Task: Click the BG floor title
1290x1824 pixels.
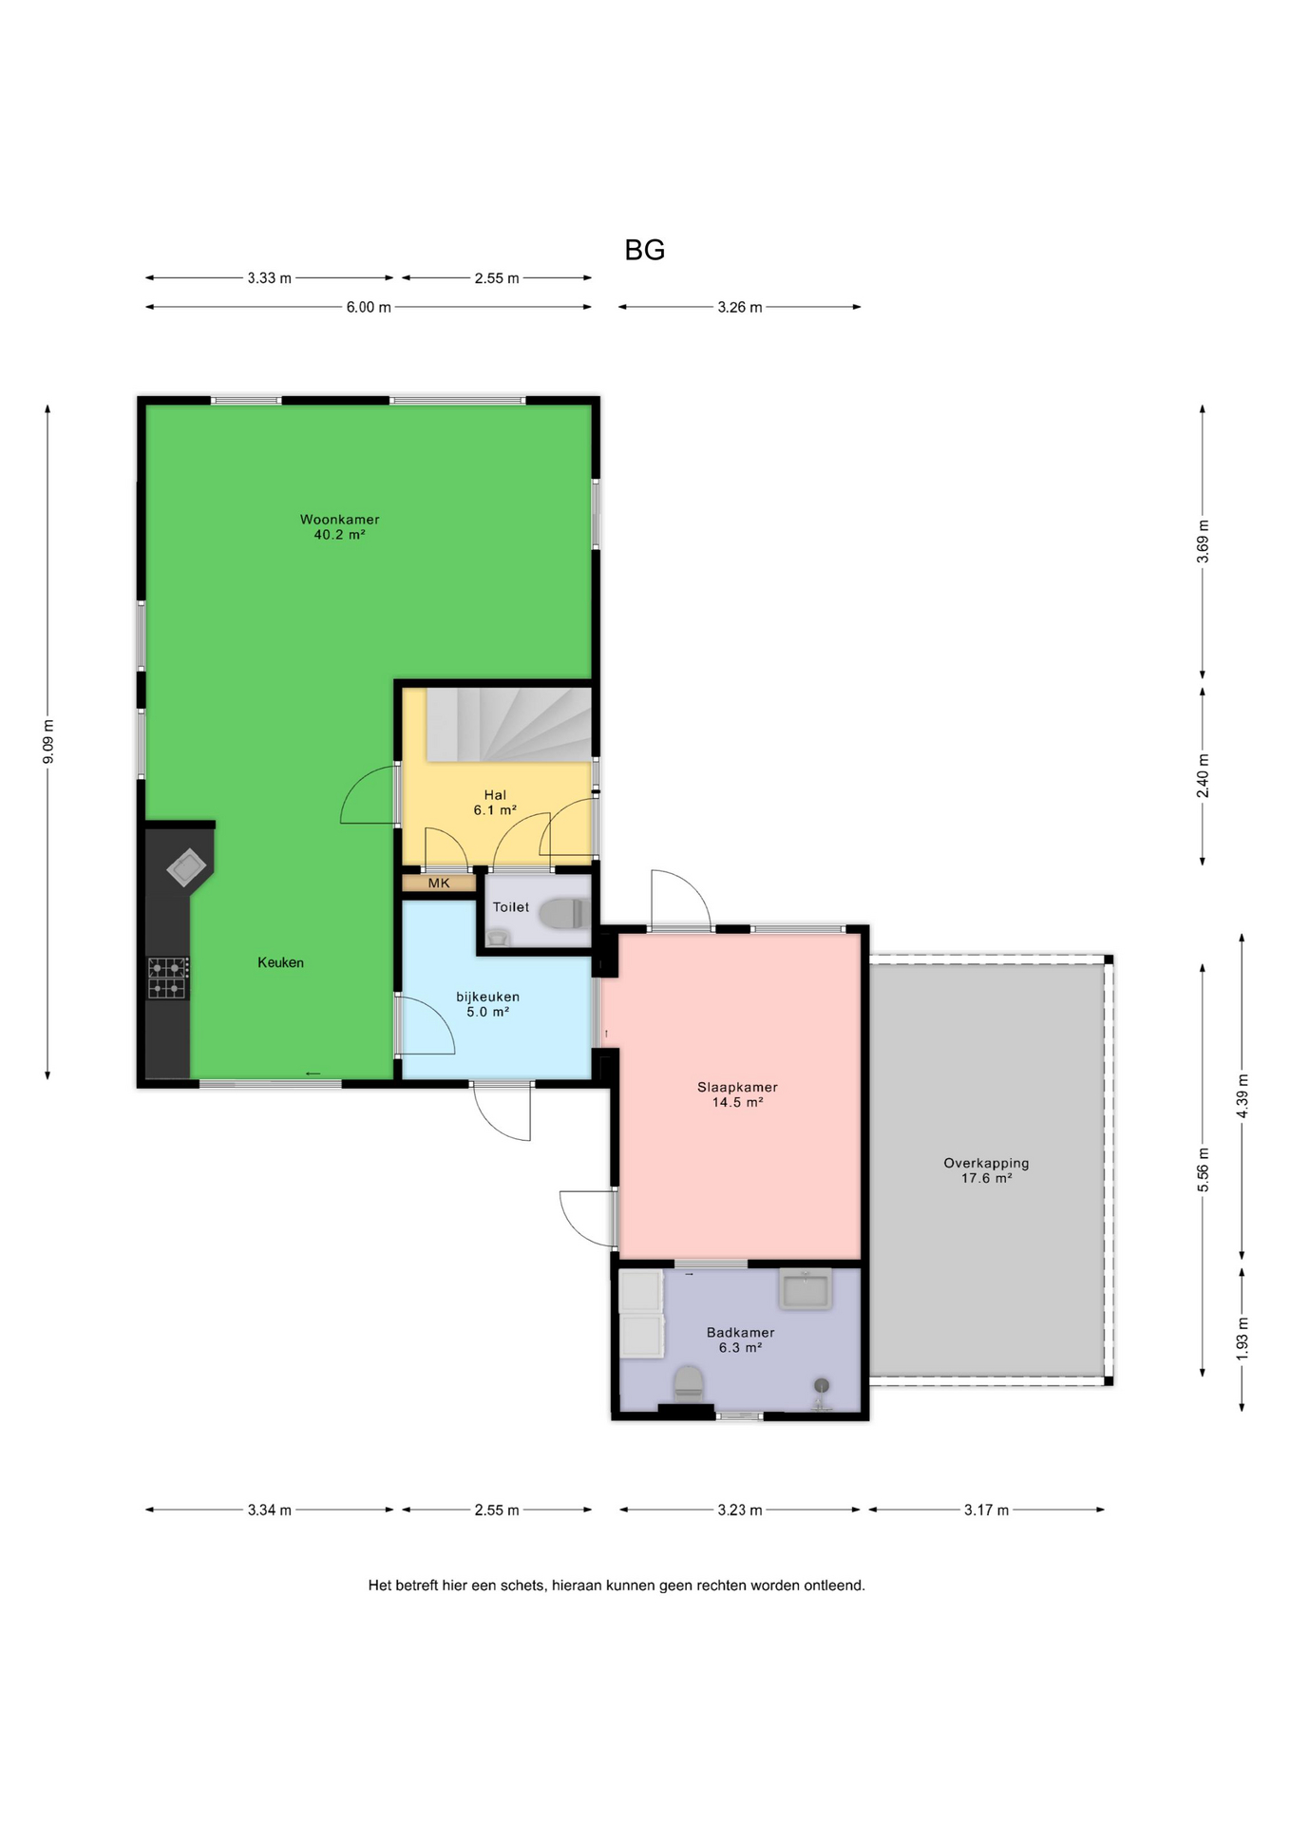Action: click(x=644, y=250)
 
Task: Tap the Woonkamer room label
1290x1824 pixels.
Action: click(x=340, y=520)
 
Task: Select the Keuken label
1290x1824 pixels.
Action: click(x=281, y=962)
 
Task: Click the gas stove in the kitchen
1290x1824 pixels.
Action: click(x=168, y=978)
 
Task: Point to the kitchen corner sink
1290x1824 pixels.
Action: click(x=187, y=866)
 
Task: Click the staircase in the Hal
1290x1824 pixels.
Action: click(x=508, y=725)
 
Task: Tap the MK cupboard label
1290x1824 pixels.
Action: click(x=439, y=883)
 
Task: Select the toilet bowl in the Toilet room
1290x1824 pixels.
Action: click(x=563, y=914)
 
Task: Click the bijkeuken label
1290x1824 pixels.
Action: click(x=488, y=997)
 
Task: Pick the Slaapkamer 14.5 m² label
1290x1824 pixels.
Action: click(x=738, y=1094)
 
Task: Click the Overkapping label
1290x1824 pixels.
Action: click(x=986, y=1163)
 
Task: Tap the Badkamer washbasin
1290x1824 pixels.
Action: click(x=806, y=1289)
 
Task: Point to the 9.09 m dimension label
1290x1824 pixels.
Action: click(x=48, y=741)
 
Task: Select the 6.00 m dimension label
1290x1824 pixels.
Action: click(x=369, y=308)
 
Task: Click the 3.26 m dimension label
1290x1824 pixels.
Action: click(x=740, y=308)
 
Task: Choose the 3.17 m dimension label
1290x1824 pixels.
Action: click(x=986, y=1510)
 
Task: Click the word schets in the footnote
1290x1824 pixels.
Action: click(x=524, y=1586)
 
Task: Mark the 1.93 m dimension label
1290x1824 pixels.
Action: click(x=1243, y=1339)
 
